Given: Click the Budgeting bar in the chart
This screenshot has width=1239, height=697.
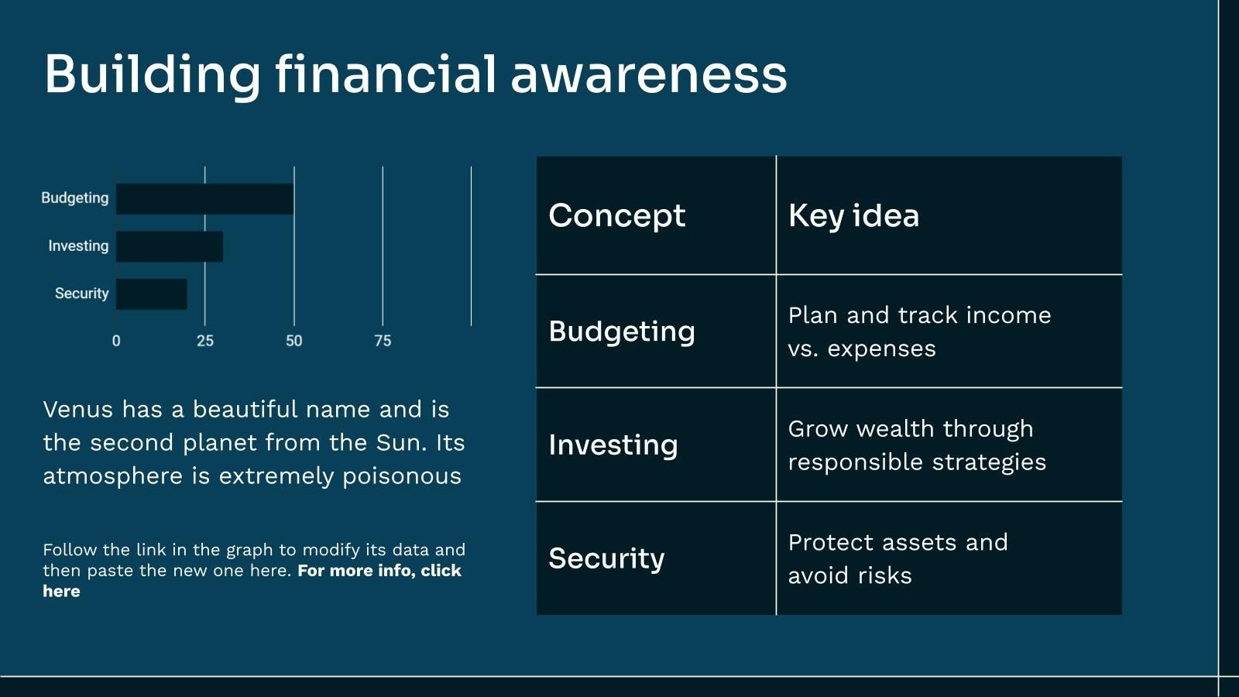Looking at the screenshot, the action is coord(204,198).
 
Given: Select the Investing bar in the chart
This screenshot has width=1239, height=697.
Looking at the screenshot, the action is coord(170,246).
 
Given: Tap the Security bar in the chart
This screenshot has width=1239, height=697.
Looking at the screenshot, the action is coord(152,294).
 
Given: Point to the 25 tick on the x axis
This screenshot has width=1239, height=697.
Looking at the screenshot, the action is coord(204,341).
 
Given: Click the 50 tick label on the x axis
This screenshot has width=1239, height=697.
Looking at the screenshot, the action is coord(293,341).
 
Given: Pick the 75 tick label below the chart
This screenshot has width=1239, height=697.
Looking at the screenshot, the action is coord(383,341).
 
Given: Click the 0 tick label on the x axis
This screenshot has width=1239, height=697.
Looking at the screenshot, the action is coord(116,341).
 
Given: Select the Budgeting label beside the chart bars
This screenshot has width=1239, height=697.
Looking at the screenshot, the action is coord(74,198).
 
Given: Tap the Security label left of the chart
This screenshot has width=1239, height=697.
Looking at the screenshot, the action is coord(81,294).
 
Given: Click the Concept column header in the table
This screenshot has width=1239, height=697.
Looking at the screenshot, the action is coord(616,216).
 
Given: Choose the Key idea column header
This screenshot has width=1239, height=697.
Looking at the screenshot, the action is coord(853,216).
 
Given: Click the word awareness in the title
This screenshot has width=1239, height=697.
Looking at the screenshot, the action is coord(648,76).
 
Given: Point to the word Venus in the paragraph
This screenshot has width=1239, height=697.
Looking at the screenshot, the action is coord(78,410).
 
